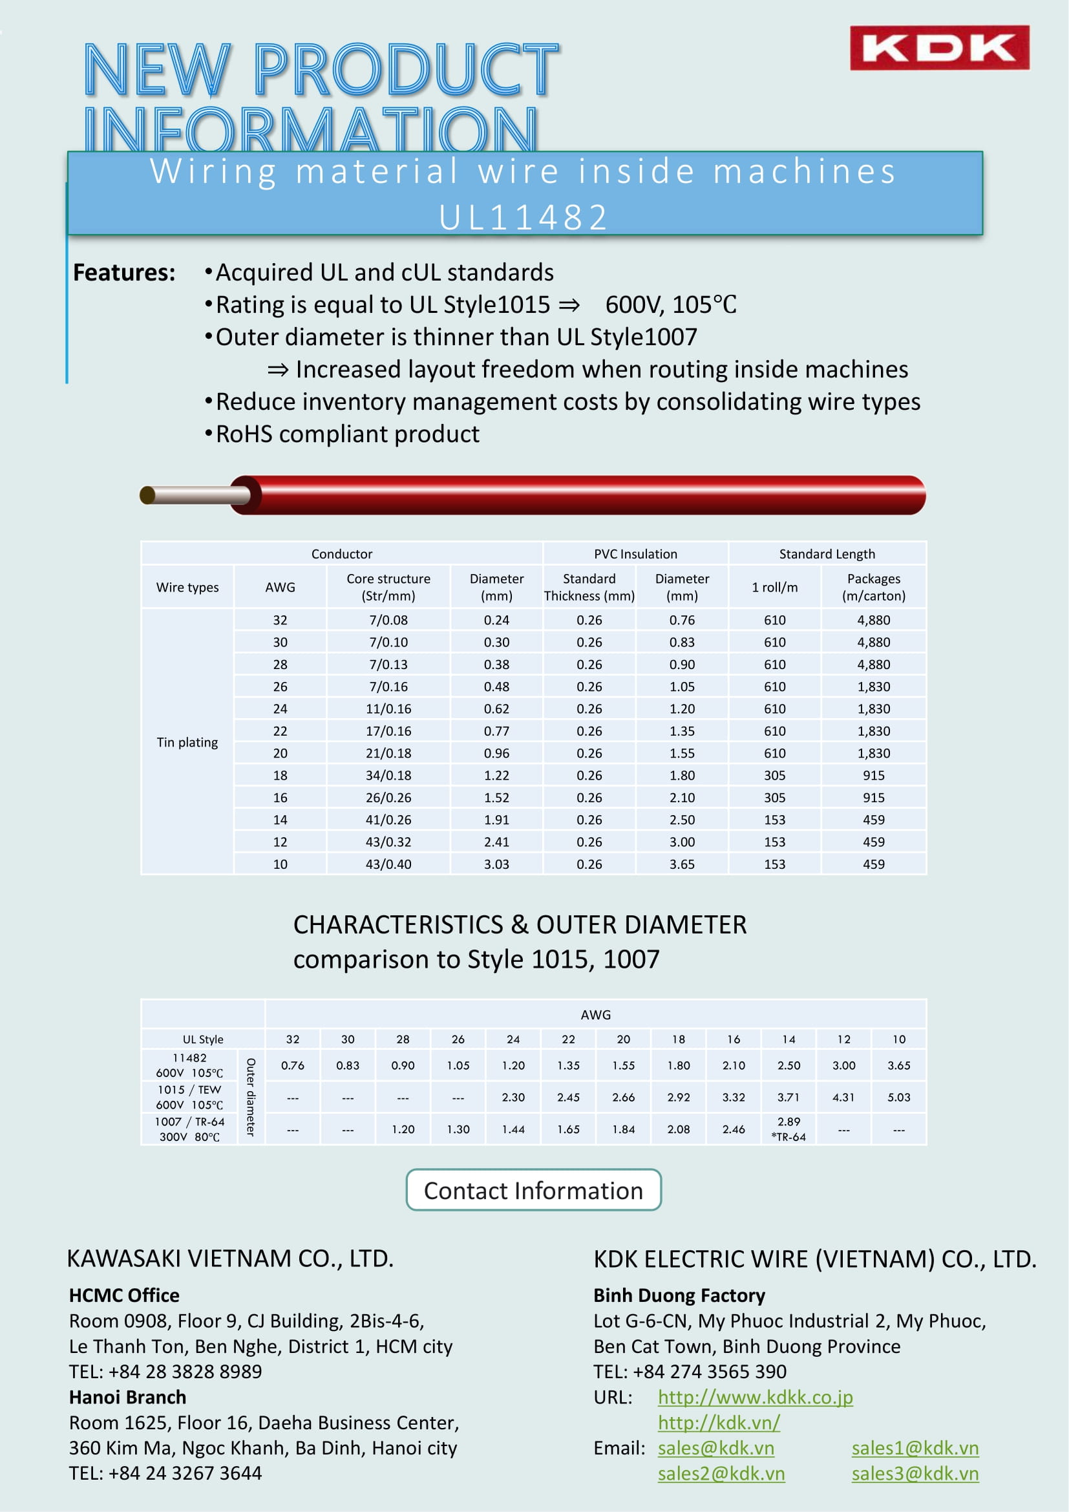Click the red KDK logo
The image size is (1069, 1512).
click(x=938, y=47)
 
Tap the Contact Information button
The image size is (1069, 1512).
click(x=533, y=1190)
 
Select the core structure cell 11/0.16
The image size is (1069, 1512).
click(x=388, y=708)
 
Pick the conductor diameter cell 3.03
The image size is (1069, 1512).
click(x=496, y=864)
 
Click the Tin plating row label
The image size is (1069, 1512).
click(x=187, y=742)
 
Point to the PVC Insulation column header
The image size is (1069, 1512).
click(x=635, y=554)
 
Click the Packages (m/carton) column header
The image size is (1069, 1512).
click(x=874, y=587)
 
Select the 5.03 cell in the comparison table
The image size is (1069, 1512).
click(x=898, y=1097)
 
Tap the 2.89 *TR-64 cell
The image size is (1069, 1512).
click(x=789, y=1129)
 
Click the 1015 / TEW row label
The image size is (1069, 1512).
click(x=189, y=1097)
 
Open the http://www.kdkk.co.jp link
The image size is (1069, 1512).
click(x=755, y=1397)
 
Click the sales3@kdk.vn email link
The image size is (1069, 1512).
click(x=915, y=1473)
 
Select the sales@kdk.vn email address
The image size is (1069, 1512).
click(x=716, y=1447)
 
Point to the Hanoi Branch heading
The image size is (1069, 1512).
click(x=128, y=1397)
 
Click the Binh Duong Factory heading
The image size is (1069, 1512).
click(x=679, y=1295)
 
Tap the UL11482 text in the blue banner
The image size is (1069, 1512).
click(x=524, y=217)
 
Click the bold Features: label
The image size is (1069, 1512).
click(x=124, y=273)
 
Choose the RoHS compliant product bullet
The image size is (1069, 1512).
click(x=348, y=434)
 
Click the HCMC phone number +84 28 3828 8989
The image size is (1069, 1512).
click(x=185, y=1371)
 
